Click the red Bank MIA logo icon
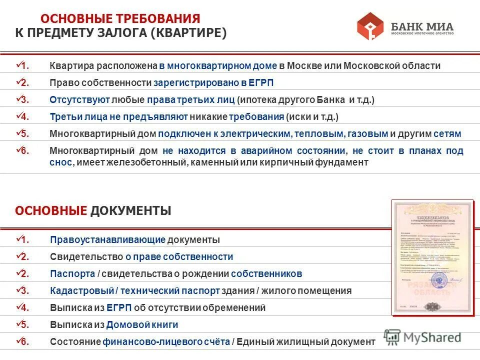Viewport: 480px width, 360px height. [370, 26]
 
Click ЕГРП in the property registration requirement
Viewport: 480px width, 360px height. [263, 83]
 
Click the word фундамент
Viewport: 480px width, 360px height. [344, 162]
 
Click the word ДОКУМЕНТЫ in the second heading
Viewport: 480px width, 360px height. [130, 211]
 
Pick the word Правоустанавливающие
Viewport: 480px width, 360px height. [107, 240]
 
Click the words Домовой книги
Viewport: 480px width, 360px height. [142, 325]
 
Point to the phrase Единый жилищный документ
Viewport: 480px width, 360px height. [305, 342]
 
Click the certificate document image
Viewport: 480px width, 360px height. [432, 257]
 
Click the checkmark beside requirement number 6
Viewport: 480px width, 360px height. [19, 149]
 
